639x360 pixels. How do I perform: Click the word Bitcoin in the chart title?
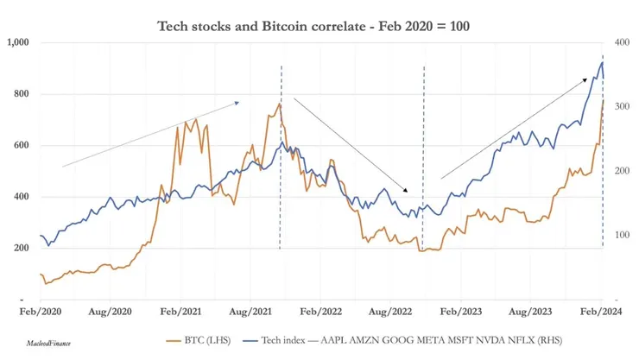(x=338, y=26)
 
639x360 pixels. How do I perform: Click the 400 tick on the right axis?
(x=621, y=42)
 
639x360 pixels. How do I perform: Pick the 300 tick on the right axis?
(x=621, y=106)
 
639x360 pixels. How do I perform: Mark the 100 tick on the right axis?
(x=621, y=235)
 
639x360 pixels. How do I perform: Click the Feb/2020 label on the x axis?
(x=41, y=308)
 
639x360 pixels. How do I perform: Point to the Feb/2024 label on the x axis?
(x=601, y=308)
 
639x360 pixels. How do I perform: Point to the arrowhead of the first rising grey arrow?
(x=237, y=102)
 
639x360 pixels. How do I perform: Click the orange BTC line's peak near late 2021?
(x=279, y=104)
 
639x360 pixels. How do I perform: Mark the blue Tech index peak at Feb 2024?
(x=601, y=61)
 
